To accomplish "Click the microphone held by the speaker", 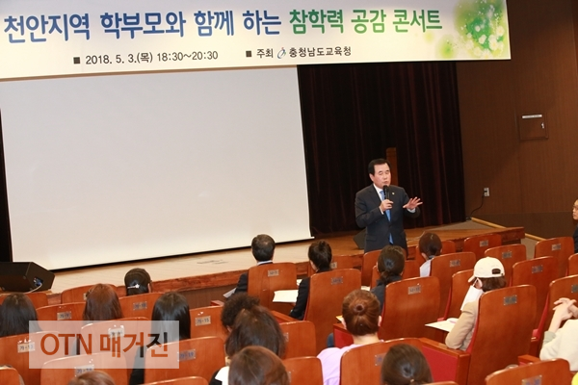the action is (386, 192).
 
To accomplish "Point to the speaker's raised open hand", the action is (413, 203).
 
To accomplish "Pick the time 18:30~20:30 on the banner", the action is (187, 57).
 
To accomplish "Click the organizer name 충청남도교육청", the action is (320, 52).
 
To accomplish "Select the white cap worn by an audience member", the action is (487, 269).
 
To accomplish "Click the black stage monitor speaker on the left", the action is (25, 276).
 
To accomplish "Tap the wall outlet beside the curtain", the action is (486, 192).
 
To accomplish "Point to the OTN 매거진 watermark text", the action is (104, 345).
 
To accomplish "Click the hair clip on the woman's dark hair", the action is (133, 285).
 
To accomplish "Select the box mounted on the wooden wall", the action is (533, 126).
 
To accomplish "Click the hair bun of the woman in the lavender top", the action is (359, 308).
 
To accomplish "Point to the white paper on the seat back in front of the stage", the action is (285, 295).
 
